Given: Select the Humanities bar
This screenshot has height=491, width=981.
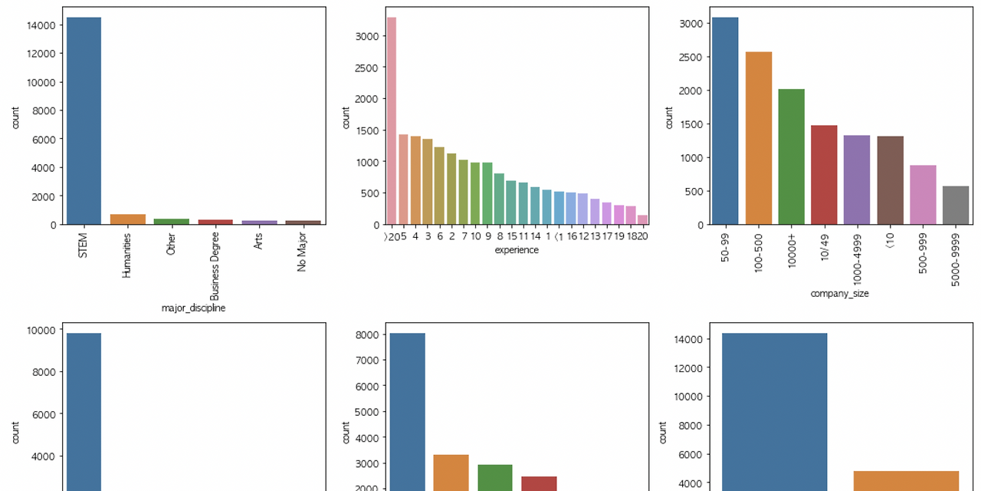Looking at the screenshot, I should tap(128, 219).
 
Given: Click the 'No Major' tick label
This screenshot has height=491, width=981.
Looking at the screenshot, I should tap(302, 253).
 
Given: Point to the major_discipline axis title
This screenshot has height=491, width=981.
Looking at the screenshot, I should tap(193, 308).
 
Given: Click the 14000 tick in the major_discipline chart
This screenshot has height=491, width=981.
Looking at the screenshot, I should tap(41, 25).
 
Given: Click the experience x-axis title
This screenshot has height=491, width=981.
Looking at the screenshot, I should tap(517, 250).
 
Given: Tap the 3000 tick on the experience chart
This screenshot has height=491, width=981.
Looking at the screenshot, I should tap(368, 36).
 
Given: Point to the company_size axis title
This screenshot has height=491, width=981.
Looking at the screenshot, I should tap(839, 293).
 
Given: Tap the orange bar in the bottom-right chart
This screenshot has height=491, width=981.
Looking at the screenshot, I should tap(906, 481).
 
